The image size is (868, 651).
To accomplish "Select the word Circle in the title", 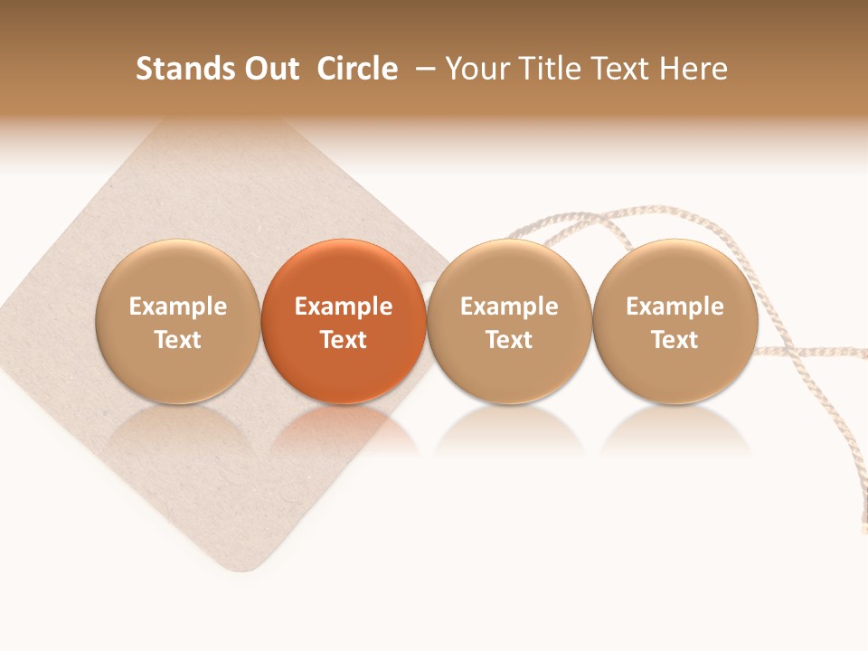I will point(357,69).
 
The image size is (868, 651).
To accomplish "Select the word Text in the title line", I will point(622,69).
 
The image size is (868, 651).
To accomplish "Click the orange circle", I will point(344,321).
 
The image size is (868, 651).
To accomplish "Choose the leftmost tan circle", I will point(178,321).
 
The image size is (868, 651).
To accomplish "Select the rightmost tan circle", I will point(675,321).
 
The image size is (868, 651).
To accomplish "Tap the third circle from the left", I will point(509,321).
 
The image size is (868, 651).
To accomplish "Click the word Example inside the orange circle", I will point(344,307).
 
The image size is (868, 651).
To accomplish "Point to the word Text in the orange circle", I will point(344,340).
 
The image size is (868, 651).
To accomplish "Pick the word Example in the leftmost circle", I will point(178,307).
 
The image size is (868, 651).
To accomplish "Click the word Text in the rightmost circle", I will point(675,340).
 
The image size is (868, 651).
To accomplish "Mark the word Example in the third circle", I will point(509,307).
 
